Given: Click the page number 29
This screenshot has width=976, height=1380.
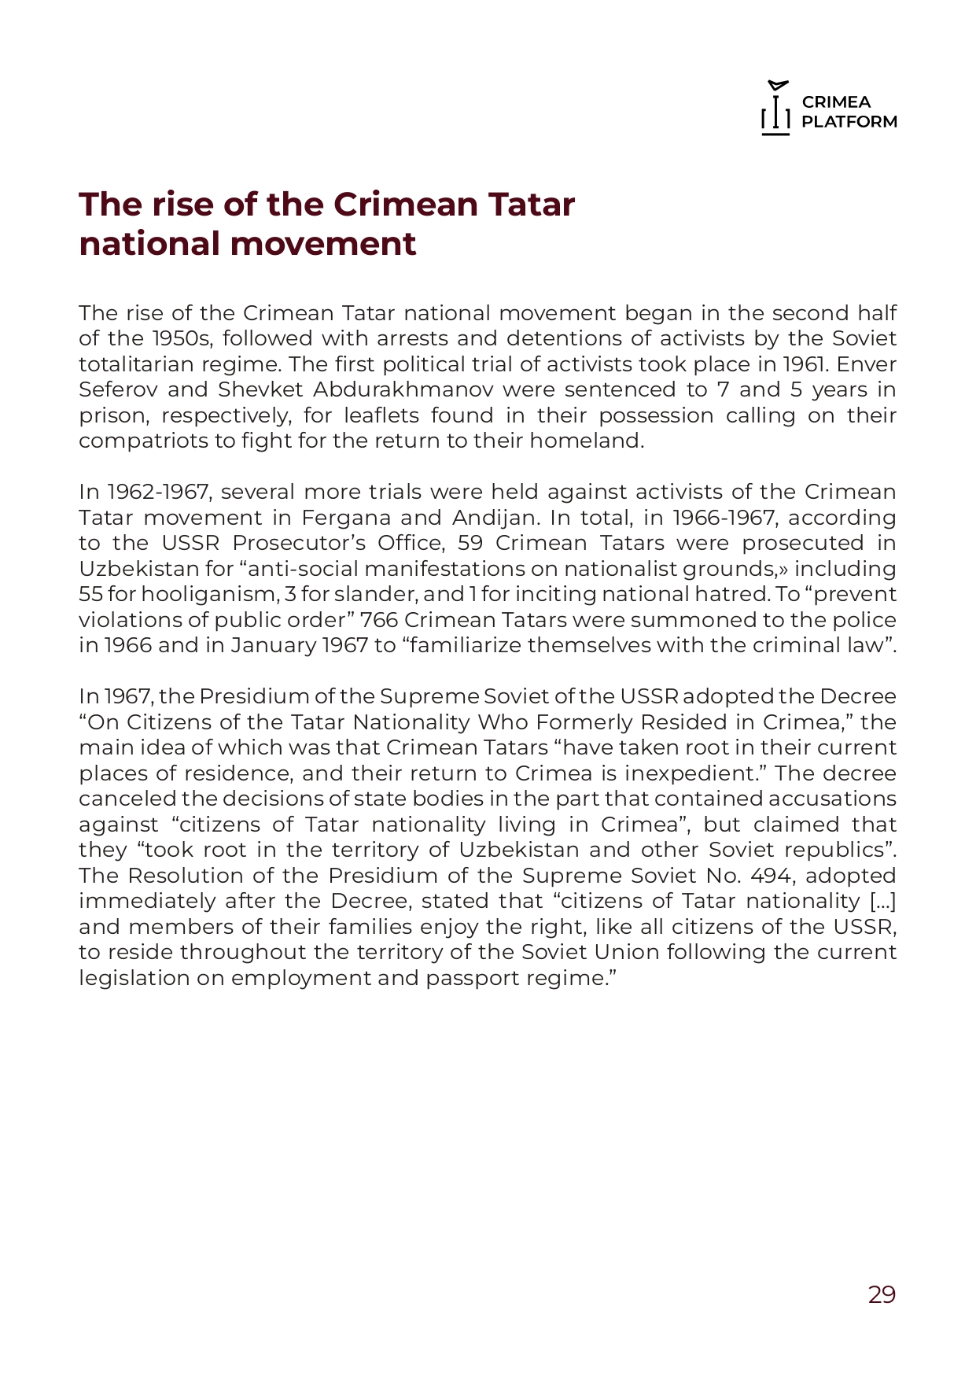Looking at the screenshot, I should tap(882, 1294).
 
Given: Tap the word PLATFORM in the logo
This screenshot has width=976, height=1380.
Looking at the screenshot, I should tap(849, 122).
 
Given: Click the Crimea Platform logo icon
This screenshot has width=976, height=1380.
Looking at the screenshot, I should tap(775, 109).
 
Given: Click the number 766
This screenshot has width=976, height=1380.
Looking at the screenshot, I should tap(379, 620).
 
